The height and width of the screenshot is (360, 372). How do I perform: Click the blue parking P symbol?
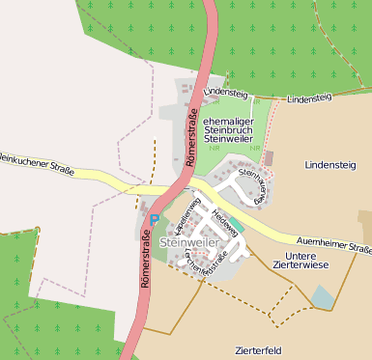(154, 218)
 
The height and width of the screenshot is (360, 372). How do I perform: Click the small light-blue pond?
(323, 296)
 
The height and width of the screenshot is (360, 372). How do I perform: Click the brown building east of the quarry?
(269, 156)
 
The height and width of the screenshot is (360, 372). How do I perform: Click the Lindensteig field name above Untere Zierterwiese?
(329, 166)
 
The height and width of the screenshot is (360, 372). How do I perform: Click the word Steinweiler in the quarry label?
(229, 139)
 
